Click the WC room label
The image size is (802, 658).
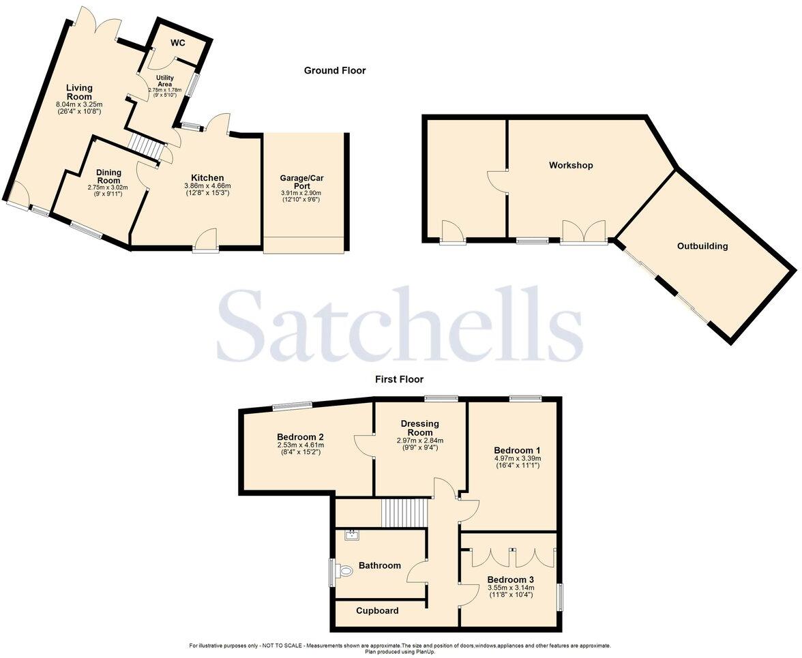coord(177,43)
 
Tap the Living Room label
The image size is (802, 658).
coord(79,92)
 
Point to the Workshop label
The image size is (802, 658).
coord(571,166)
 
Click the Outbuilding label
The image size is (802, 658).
coord(702,246)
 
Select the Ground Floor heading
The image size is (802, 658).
coord(334,70)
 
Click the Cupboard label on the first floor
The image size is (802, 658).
coord(377,611)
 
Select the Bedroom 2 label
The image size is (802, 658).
coord(300,437)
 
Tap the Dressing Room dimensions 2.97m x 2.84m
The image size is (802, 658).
coord(420,440)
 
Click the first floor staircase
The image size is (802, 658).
coord(402,513)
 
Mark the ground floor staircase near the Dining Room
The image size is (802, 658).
coord(147,145)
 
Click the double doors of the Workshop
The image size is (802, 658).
coord(583,232)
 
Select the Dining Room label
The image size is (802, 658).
coord(108,176)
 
